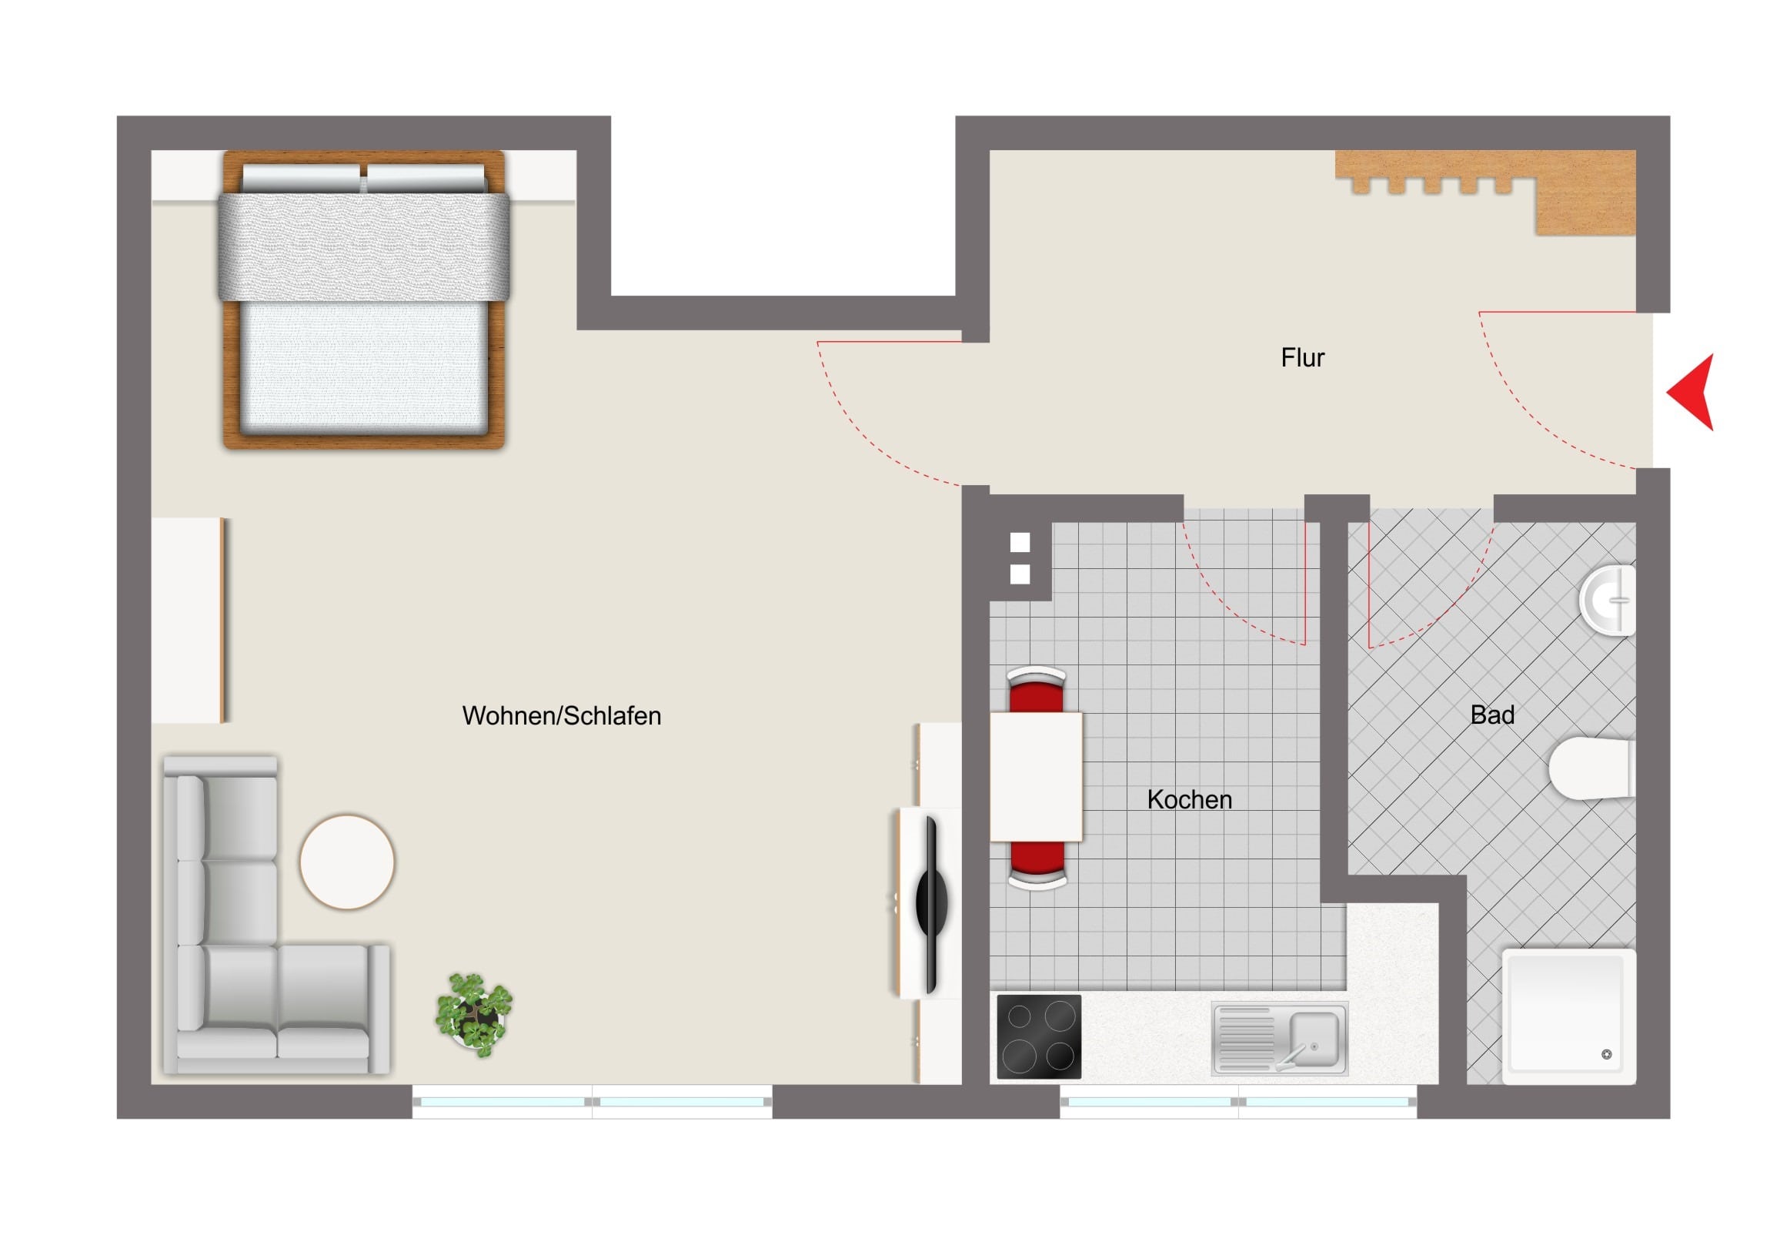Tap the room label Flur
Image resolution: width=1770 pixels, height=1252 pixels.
pos(1302,358)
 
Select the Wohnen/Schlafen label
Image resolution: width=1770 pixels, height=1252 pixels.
pos(561,716)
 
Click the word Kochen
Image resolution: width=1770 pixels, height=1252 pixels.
pos(1190,800)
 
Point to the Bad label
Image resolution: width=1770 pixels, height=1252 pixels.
pos(1492,715)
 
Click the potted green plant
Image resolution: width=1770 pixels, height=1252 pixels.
pos(474,1014)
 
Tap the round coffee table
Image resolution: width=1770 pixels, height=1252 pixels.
pos(347,862)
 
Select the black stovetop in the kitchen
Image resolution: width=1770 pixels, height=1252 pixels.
pos(1039,1036)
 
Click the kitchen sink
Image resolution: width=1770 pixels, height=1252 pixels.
pos(1280,1038)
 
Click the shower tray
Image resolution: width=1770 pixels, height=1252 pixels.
pos(1569,1016)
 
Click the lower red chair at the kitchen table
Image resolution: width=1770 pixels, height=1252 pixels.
pos(1037,865)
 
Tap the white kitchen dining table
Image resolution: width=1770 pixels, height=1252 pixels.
pos(1036,777)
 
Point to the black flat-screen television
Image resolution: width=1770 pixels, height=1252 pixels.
pos(929,903)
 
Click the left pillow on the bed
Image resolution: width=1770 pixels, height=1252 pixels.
pos(302,178)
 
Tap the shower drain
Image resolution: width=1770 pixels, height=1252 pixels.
pos(1607,1055)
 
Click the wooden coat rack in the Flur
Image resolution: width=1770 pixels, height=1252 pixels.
pos(1485,192)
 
